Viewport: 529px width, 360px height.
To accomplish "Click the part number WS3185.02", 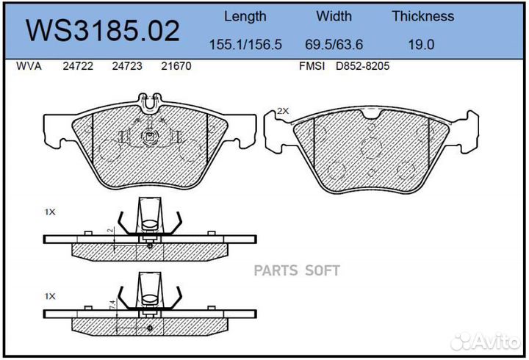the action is pyautogui.click(x=103, y=31).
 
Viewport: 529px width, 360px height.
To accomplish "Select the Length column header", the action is pyautogui.click(x=245, y=17).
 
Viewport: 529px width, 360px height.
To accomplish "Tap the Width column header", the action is pyautogui.click(x=334, y=16).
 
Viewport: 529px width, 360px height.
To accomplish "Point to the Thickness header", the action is pyautogui.click(x=422, y=16).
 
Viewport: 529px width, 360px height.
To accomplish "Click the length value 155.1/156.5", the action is pyautogui.click(x=245, y=45).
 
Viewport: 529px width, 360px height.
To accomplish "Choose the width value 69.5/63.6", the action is pyautogui.click(x=334, y=45).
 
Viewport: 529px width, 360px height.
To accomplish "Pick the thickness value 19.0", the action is pyautogui.click(x=422, y=45).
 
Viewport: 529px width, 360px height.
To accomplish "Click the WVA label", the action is pyautogui.click(x=29, y=66).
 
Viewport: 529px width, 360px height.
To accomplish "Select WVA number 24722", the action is pyautogui.click(x=78, y=66).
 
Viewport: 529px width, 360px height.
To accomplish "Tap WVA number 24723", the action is pyautogui.click(x=127, y=66).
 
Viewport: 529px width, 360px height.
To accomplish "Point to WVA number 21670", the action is pyautogui.click(x=176, y=66).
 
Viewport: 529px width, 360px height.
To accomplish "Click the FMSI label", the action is pyautogui.click(x=312, y=66).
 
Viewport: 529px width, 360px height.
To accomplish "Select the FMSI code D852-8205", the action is pyautogui.click(x=363, y=66).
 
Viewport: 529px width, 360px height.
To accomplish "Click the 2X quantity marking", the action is pyautogui.click(x=283, y=111).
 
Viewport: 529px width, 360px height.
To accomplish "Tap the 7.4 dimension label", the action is pyautogui.click(x=112, y=305).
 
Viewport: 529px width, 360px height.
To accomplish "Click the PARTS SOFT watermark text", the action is pyautogui.click(x=297, y=270).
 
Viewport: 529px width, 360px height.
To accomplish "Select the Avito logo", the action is pyautogui.click(x=485, y=342).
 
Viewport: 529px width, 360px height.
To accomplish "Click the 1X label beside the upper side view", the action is pyautogui.click(x=50, y=212).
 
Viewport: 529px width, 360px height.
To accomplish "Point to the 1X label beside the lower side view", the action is pyautogui.click(x=50, y=296).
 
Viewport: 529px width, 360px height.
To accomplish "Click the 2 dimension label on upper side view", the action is pyautogui.click(x=110, y=231).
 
